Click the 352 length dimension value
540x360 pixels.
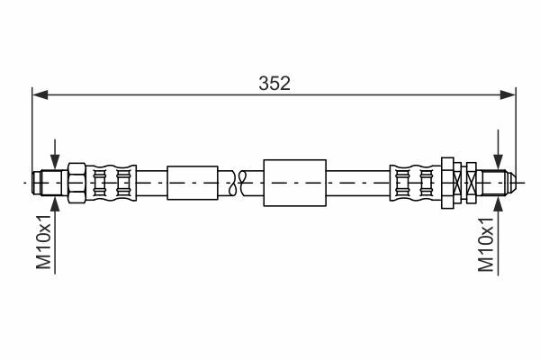[274, 84]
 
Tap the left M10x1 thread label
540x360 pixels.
[44, 241]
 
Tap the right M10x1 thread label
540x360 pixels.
[486, 245]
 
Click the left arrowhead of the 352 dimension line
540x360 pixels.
[40, 95]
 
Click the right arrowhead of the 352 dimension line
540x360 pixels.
[508, 95]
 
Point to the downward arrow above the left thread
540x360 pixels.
[55, 155]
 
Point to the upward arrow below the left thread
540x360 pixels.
[55, 235]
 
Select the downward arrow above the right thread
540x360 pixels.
[498, 150]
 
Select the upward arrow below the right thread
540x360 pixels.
[498, 237]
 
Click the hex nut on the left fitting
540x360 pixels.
[76, 183]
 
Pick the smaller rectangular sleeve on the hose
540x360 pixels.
[193, 183]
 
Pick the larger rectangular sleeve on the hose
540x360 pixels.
[295, 183]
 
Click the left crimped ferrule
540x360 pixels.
[111, 183]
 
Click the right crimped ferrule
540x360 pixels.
[415, 183]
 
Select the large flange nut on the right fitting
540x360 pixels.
[447, 183]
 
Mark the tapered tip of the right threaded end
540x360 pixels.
[511, 183]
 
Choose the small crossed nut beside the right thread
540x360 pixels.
[471, 183]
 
